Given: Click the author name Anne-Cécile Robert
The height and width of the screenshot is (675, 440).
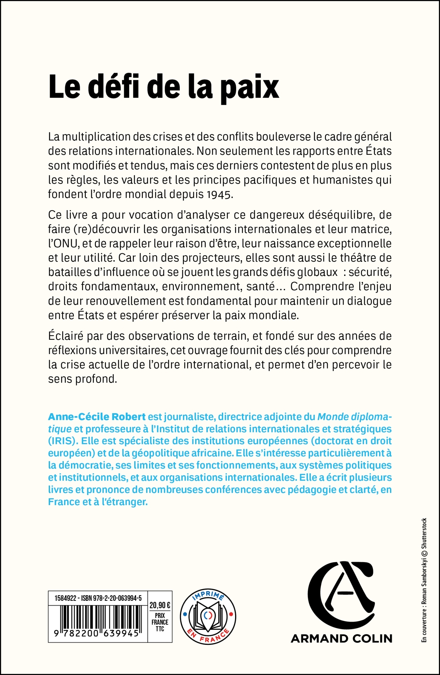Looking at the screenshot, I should point(96,417).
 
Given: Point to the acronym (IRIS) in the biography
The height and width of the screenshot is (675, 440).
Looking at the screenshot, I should point(62,441).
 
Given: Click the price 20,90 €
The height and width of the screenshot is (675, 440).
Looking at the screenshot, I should point(160,605).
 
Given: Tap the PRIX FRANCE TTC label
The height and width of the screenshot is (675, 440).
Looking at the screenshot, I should point(160,622).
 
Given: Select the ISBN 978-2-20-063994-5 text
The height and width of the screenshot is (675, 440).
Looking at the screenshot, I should point(112,598).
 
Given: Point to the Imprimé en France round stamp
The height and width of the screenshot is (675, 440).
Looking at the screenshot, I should point(208,617).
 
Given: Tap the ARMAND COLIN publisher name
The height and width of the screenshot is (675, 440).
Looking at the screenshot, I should point(341,638).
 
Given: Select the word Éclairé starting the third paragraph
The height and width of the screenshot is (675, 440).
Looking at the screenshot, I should point(65,336).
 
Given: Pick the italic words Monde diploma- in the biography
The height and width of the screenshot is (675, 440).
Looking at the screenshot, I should point(355,417).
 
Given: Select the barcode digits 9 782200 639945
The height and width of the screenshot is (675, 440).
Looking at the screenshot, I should point(96,633).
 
